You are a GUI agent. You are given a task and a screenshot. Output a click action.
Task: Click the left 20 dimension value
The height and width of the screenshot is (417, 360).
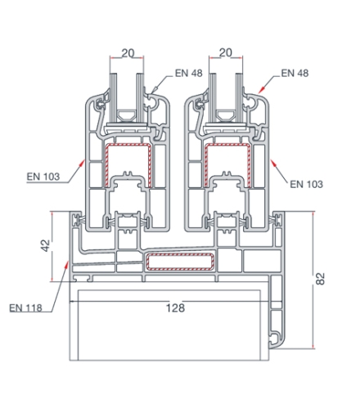click(128, 53)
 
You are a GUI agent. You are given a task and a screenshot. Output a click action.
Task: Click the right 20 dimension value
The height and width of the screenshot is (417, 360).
click(226, 52)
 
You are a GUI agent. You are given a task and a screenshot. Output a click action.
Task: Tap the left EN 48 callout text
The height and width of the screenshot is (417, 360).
click(189, 73)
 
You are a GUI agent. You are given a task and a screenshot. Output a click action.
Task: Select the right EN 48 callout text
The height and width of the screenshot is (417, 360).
click(295, 73)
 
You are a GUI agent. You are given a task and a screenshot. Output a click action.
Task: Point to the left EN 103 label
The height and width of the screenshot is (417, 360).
click(43, 177)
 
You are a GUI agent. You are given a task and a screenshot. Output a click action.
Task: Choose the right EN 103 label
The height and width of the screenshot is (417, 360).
click(306, 184)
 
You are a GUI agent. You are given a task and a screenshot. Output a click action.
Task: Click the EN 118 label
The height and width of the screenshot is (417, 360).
click(25, 308)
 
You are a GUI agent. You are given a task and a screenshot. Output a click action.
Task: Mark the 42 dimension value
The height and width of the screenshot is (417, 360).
click(46, 245)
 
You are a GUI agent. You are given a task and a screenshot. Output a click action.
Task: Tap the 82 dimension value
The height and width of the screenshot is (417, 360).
click(320, 279)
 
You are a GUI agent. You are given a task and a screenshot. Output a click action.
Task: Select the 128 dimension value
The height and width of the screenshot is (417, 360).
click(175, 308)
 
